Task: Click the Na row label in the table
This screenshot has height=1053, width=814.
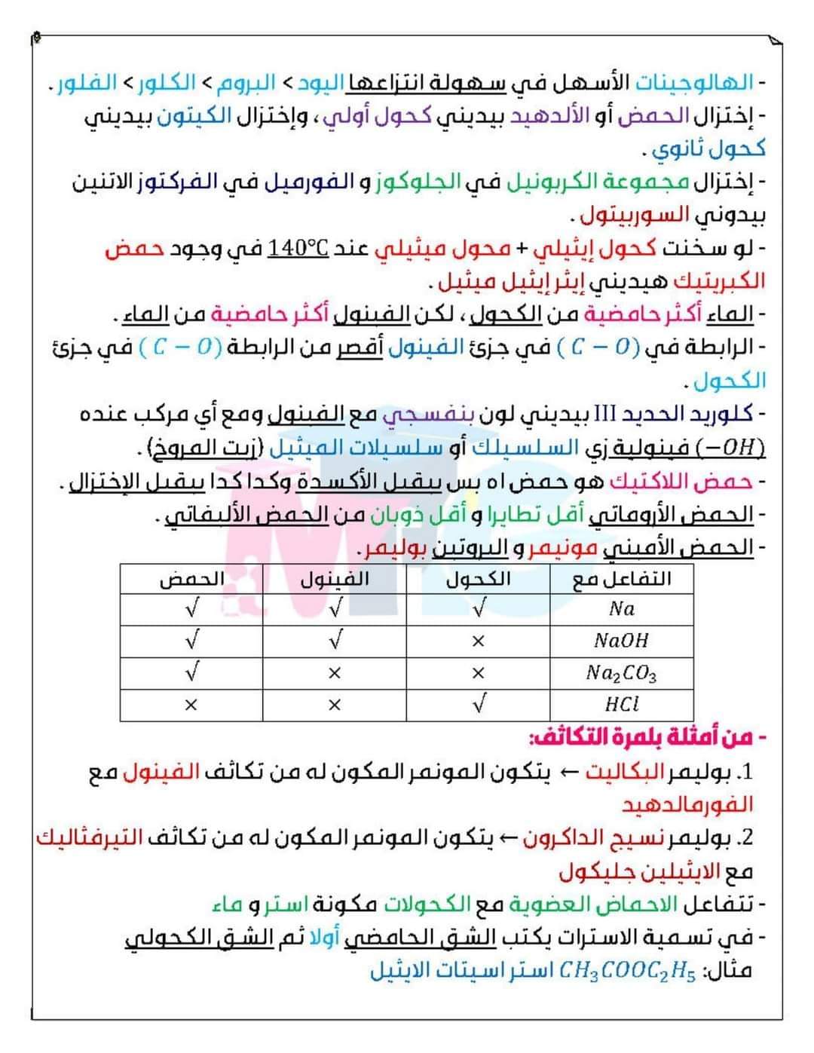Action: (x=622, y=609)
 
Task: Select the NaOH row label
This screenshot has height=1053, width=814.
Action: (x=622, y=641)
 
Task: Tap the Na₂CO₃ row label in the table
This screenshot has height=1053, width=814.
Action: (x=622, y=672)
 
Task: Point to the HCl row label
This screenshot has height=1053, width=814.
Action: (x=622, y=705)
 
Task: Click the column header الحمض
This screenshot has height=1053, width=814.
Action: (x=191, y=579)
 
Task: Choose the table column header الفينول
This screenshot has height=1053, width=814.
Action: (x=335, y=579)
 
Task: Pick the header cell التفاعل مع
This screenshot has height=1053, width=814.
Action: (x=622, y=579)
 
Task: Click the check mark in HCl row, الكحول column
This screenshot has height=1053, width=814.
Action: (x=478, y=705)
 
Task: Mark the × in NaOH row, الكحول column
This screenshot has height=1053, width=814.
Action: (x=478, y=641)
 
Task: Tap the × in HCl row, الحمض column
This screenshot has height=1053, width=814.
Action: (x=191, y=706)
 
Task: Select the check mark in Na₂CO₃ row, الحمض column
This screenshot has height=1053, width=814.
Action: (x=191, y=672)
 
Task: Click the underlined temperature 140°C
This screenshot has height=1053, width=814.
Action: (x=298, y=248)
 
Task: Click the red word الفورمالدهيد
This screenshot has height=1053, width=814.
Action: (x=687, y=805)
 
